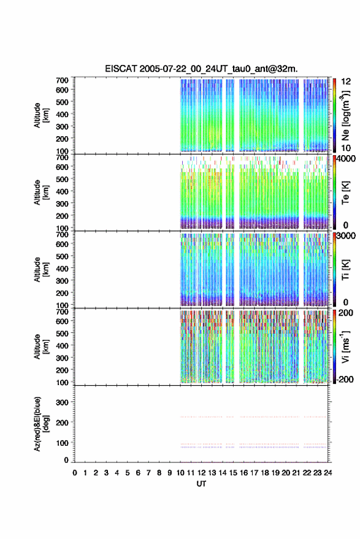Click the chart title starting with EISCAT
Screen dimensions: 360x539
201,69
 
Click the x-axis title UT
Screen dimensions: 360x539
201,484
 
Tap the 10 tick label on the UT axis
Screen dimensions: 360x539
180,473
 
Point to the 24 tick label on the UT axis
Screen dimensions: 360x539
327,473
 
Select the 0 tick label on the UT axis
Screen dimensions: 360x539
75,473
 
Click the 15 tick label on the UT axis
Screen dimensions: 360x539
233,473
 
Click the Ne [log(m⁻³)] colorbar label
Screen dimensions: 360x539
345,115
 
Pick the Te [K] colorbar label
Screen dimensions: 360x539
345,193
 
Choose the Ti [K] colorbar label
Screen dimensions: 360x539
345,270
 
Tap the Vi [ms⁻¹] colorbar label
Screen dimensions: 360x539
345,346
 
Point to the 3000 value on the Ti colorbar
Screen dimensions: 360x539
345,236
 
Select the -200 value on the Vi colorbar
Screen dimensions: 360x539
345,380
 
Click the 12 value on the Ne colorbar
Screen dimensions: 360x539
346,82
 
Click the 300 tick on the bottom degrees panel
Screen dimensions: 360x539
62,402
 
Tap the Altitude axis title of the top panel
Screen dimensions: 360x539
41,115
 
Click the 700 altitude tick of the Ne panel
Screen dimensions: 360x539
62,80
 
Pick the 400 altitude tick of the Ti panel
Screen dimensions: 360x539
62,269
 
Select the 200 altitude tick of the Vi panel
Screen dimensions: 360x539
62,370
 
